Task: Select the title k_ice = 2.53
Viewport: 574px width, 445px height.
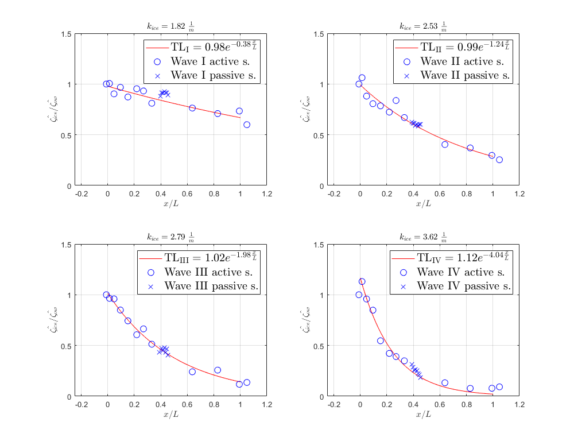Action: [x=423, y=25]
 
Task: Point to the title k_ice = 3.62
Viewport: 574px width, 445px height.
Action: [x=423, y=236]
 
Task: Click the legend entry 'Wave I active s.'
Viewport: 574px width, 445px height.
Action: [x=212, y=61]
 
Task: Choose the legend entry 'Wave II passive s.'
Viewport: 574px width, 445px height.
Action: [x=464, y=75]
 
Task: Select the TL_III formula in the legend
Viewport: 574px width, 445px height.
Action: [x=203, y=258]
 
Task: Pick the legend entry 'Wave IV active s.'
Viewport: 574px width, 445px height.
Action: [x=460, y=272]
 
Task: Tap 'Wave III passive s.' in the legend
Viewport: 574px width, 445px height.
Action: [x=211, y=285]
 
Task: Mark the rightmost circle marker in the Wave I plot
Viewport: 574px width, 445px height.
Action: [x=247, y=125]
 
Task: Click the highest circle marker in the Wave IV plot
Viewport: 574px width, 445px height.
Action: [x=362, y=281]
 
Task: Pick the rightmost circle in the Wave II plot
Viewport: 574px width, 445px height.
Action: [x=499, y=160]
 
